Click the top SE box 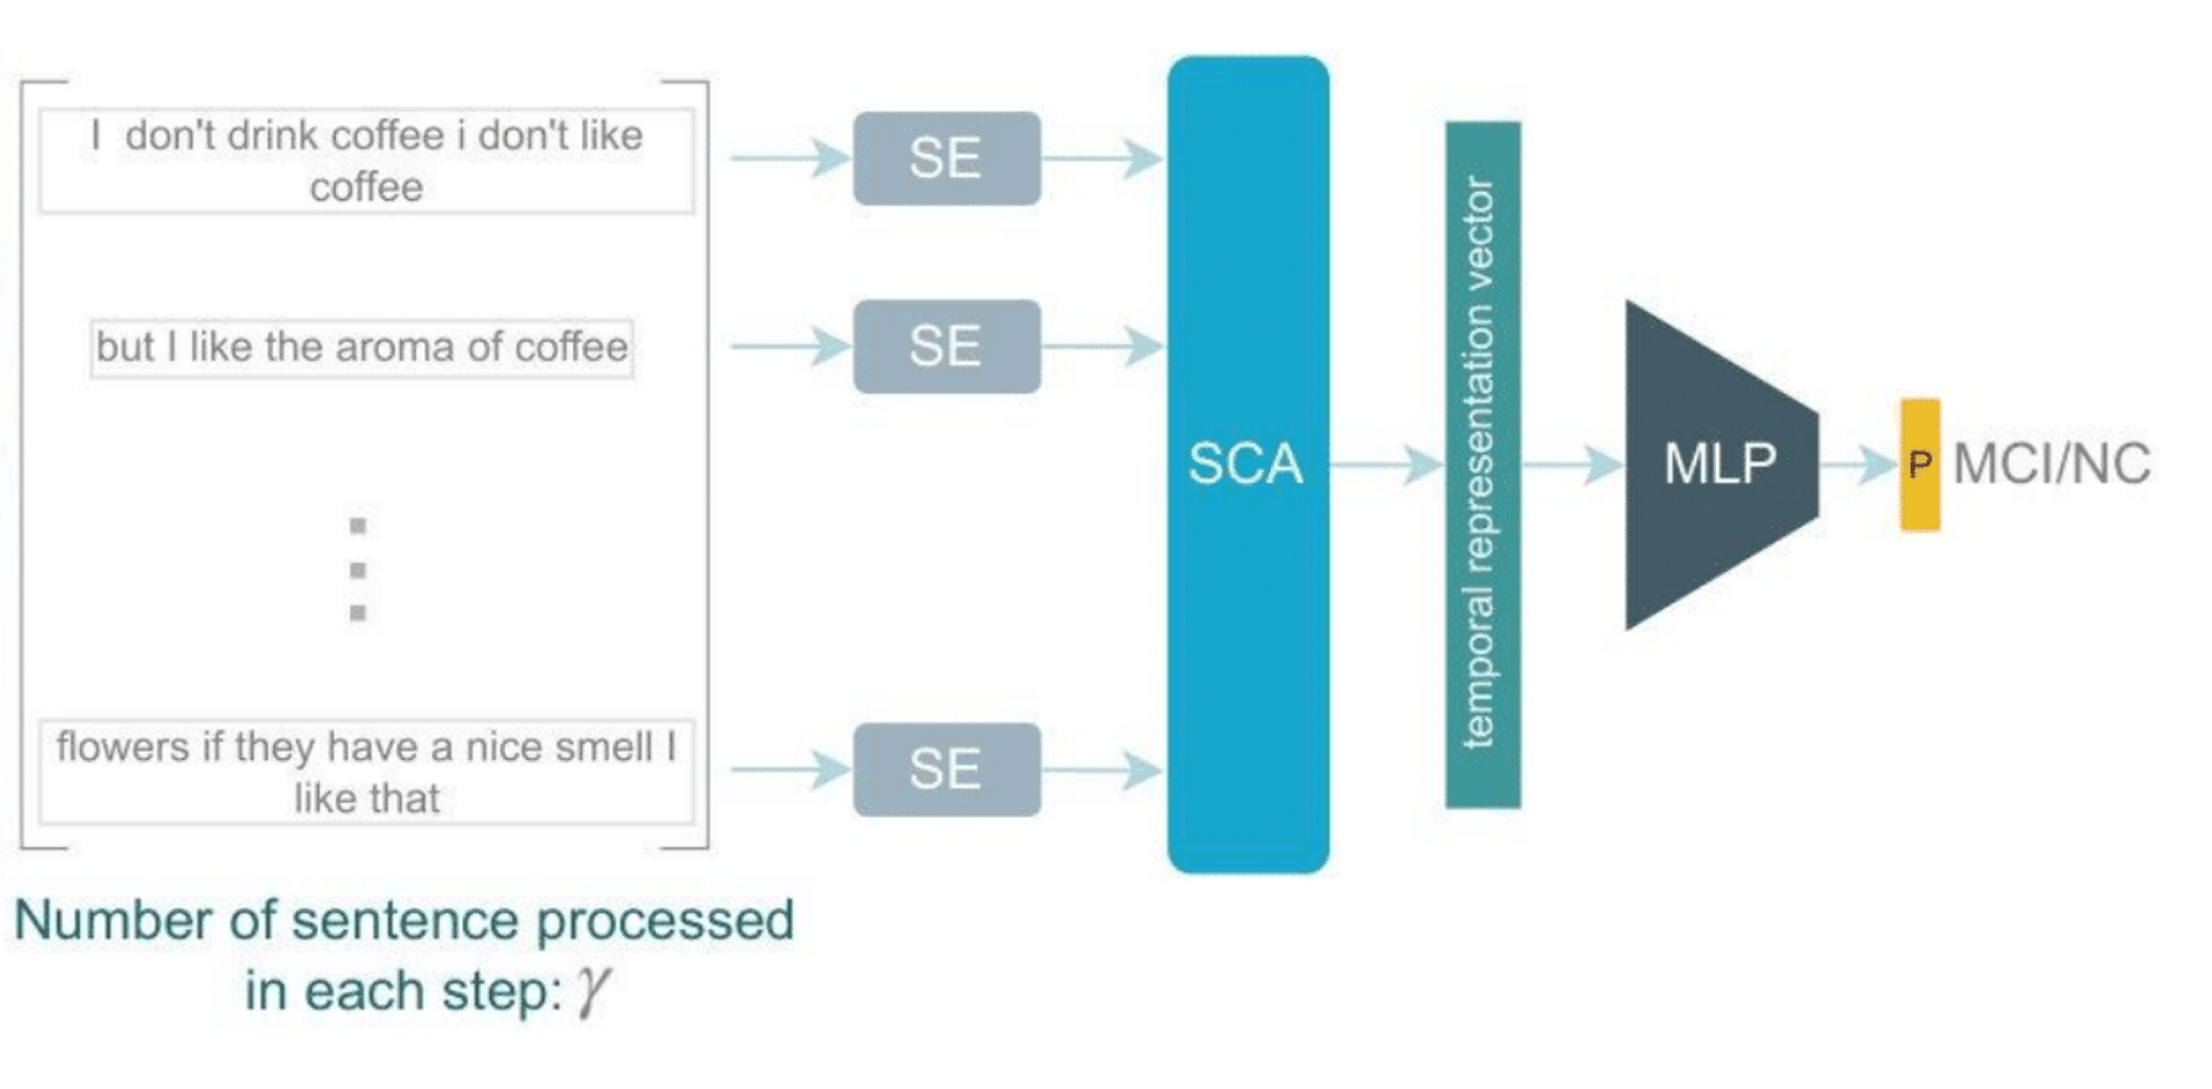pyautogui.click(x=946, y=158)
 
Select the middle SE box pyautogui.click(x=946, y=346)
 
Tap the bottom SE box pyautogui.click(x=946, y=769)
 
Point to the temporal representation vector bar pyautogui.click(x=1483, y=465)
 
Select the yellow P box pyautogui.click(x=1920, y=465)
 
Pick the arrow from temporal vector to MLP pyautogui.click(x=1573, y=465)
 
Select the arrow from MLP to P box pyautogui.click(x=1858, y=465)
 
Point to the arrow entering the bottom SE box pyautogui.click(x=791, y=769)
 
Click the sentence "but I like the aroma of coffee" pyautogui.click(x=362, y=347)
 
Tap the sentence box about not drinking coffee pyautogui.click(x=367, y=161)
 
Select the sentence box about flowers pyautogui.click(x=367, y=772)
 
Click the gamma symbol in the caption pyautogui.click(x=593, y=991)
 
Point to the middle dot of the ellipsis pyautogui.click(x=358, y=569)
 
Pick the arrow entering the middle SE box pyautogui.click(x=791, y=346)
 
